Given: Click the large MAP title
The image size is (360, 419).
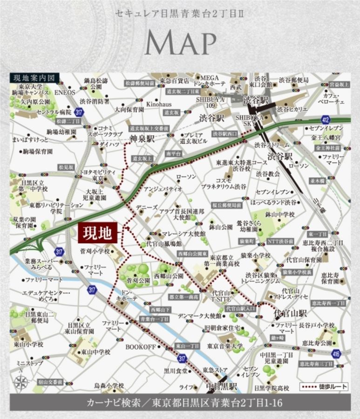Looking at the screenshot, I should pos(180,44).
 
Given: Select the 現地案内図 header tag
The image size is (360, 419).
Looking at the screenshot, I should pos(34,78).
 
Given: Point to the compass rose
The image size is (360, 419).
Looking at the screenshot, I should pos(20,382).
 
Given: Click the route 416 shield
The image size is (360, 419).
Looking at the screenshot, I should pos(336,354).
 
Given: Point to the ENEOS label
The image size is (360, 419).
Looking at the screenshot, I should pos(65,93).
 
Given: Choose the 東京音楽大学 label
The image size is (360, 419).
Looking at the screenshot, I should pos(225,346).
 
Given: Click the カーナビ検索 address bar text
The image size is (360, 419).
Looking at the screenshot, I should pos(180,402).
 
